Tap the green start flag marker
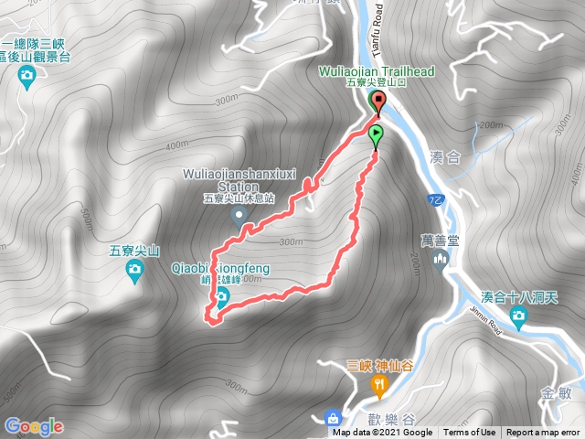point(377,137)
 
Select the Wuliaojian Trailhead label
point(376,70)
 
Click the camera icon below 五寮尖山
point(134,268)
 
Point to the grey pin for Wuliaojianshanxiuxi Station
point(240,217)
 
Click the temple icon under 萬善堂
point(440,262)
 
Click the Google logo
point(34,426)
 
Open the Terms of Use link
point(470,433)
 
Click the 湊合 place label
point(445,158)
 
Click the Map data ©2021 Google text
point(383,433)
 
